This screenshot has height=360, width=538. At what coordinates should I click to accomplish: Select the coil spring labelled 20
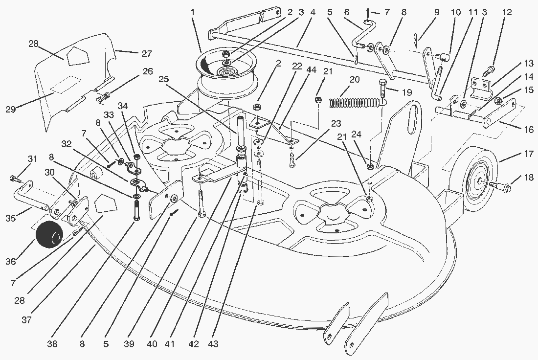(x=355, y=102)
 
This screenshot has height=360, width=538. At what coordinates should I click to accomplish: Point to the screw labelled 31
(x=14, y=176)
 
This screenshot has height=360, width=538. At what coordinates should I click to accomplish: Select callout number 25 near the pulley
(x=163, y=79)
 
